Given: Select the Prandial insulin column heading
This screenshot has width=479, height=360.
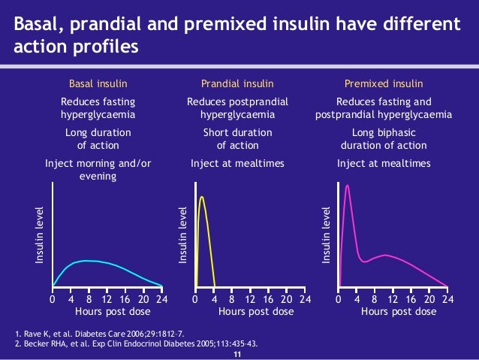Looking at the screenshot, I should (x=237, y=83).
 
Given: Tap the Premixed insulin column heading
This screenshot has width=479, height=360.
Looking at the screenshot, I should (x=383, y=83).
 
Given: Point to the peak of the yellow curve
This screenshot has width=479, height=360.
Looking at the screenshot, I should (x=201, y=197).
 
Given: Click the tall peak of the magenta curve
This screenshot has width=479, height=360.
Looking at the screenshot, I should (x=347, y=185).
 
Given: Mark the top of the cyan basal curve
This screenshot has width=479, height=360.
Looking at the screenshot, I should (x=89, y=261).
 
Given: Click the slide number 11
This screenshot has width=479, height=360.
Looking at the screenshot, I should (x=239, y=354).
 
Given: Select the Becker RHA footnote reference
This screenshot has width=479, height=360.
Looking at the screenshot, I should (x=136, y=344).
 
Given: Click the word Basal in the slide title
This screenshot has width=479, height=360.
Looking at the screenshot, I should (x=38, y=26).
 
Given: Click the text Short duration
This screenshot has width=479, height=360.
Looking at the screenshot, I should (x=237, y=132).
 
